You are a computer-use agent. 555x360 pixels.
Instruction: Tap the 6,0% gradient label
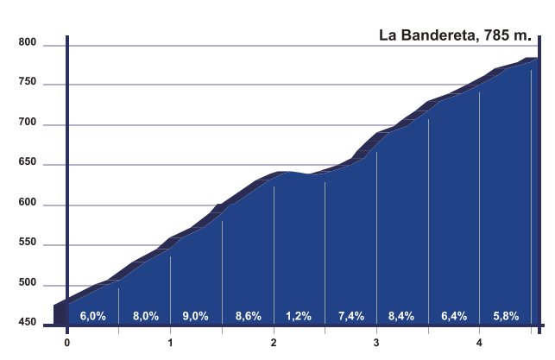(92, 317)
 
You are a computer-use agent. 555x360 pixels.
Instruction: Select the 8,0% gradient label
(145, 317)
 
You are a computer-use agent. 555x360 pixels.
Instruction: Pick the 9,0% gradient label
(196, 317)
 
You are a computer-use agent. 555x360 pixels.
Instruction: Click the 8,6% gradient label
(248, 317)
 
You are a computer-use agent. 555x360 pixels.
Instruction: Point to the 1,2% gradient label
(299, 317)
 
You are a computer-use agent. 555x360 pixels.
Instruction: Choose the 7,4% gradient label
(351, 317)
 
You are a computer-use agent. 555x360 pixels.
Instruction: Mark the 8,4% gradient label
(402, 317)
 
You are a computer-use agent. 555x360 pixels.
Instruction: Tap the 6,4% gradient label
(454, 317)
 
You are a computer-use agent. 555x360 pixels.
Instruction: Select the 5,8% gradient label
(505, 317)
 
